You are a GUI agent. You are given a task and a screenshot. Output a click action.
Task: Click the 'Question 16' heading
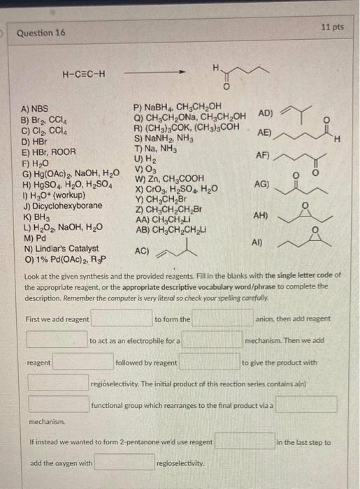(41, 32)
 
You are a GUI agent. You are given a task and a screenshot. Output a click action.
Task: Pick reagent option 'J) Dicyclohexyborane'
(62, 206)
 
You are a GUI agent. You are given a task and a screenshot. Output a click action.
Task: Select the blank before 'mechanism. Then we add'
(213, 341)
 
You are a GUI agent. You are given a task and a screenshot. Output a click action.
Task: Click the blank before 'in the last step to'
(244, 442)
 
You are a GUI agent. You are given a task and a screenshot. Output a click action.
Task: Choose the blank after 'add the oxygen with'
(124, 462)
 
